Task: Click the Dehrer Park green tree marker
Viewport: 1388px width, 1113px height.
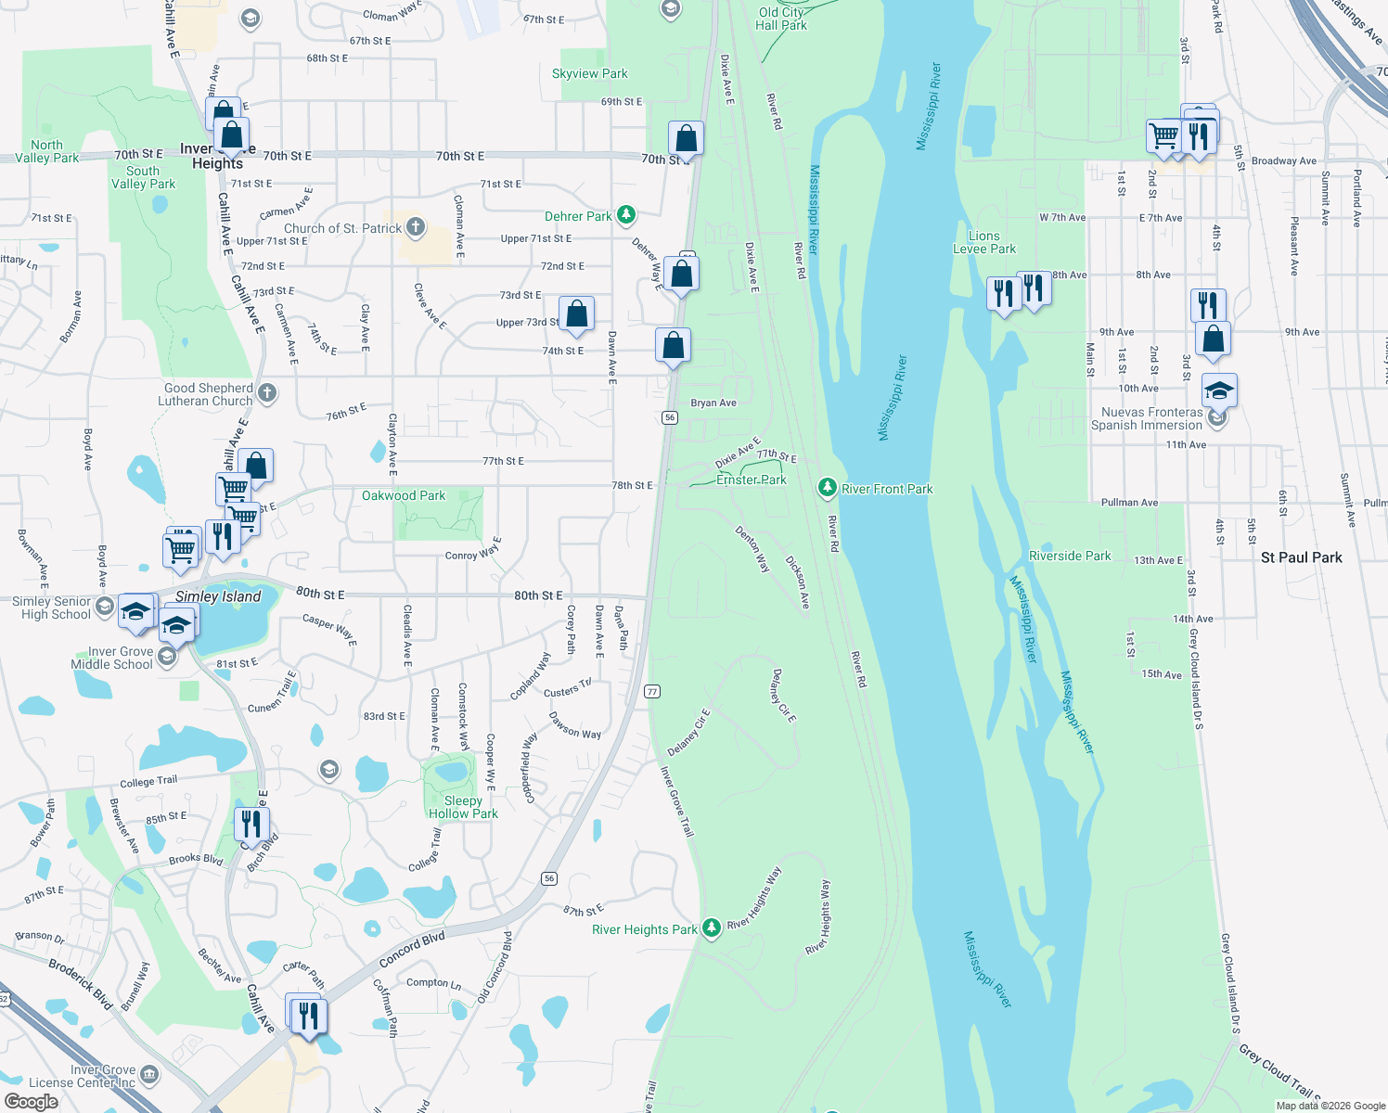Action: (626, 216)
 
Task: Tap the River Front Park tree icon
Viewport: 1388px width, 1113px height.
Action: (827, 488)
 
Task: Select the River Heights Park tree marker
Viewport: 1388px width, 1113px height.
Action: (711, 927)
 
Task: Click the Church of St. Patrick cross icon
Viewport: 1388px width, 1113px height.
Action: (415, 226)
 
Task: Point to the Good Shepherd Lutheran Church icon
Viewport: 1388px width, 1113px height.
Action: (267, 393)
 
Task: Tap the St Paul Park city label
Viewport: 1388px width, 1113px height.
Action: (1301, 557)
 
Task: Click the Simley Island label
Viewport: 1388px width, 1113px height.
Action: (218, 596)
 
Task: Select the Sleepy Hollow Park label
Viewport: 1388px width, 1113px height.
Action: (463, 807)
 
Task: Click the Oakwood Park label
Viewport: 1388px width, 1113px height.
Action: (404, 495)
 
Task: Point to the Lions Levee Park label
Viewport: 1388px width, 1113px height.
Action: (984, 242)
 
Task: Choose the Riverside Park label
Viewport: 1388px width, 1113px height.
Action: (1070, 556)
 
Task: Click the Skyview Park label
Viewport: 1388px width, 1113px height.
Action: (589, 73)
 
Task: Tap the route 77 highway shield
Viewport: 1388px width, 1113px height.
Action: (652, 692)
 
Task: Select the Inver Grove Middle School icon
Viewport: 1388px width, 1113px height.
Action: (167, 657)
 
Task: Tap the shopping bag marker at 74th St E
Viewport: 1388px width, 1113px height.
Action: (673, 346)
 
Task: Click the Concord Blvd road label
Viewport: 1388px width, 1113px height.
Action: (412, 950)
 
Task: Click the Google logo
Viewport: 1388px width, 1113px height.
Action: (31, 1101)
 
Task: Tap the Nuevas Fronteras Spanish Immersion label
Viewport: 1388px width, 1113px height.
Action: (1147, 418)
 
